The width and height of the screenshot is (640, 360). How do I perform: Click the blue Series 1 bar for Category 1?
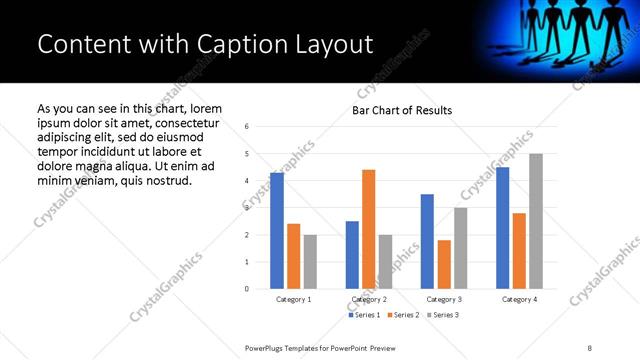277,231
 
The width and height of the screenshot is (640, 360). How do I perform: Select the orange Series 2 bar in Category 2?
368,229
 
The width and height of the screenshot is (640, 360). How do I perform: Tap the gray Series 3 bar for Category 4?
535,221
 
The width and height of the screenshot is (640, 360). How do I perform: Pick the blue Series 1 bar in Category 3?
427,241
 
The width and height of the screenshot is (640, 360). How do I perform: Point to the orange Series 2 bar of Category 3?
443,264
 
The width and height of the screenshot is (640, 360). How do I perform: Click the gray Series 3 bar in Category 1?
310,262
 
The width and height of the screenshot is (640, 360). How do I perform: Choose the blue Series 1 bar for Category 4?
502,228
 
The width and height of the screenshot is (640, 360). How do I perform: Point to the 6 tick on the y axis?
247,127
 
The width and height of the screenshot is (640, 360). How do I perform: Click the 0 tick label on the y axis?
247,289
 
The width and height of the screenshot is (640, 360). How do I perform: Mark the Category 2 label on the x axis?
368,300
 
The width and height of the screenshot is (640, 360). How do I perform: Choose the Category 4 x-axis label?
518,300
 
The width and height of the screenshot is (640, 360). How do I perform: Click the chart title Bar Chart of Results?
402,110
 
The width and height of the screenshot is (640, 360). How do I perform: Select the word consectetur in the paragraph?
189,122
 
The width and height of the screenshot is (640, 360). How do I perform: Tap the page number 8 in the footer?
589,347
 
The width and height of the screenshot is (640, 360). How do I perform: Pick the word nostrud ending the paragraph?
161,180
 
